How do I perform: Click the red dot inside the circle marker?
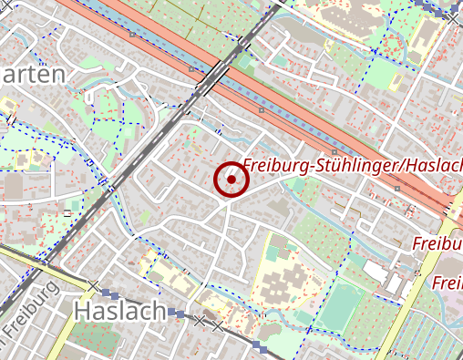point(231,180)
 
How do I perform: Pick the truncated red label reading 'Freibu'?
point(437,244)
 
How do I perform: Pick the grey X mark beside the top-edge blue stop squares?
point(453,15)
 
